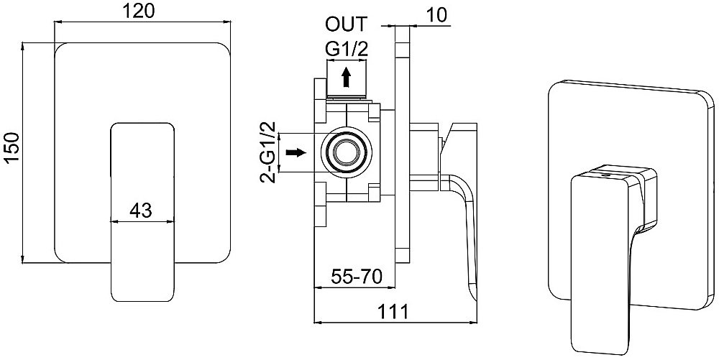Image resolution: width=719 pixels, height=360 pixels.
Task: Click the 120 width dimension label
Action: click(139, 11)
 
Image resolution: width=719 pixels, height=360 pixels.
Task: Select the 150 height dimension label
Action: click(11, 147)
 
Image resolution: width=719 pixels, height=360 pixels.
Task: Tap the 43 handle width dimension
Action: click(140, 211)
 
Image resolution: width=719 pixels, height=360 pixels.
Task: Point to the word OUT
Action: click(347, 24)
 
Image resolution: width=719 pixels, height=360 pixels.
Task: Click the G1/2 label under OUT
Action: click(347, 49)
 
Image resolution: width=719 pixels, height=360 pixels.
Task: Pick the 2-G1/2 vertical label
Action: click(269, 152)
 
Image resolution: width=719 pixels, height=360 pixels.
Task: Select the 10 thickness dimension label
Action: click(436, 15)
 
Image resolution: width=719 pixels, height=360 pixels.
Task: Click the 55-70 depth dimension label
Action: click(357, 277)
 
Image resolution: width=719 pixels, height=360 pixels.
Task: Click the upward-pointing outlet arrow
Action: click(347, 77)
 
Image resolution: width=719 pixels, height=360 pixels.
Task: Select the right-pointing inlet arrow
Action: click(296, 152)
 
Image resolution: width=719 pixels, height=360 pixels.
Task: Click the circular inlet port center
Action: click(347, 152)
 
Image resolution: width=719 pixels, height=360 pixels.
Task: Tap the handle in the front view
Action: click(142, 211)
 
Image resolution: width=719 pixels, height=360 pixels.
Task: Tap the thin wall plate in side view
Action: click(402, 142)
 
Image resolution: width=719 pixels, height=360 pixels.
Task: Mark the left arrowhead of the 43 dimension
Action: click(114, 222)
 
